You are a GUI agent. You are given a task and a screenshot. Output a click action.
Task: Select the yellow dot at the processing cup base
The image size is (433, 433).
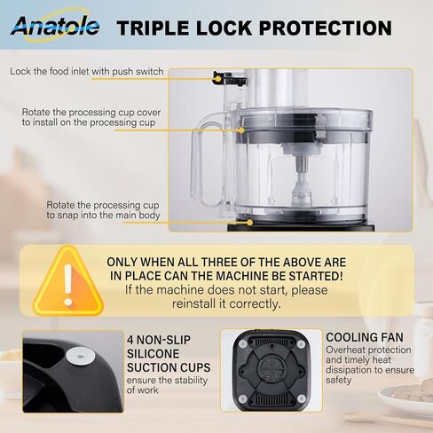[x=249, y=222]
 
